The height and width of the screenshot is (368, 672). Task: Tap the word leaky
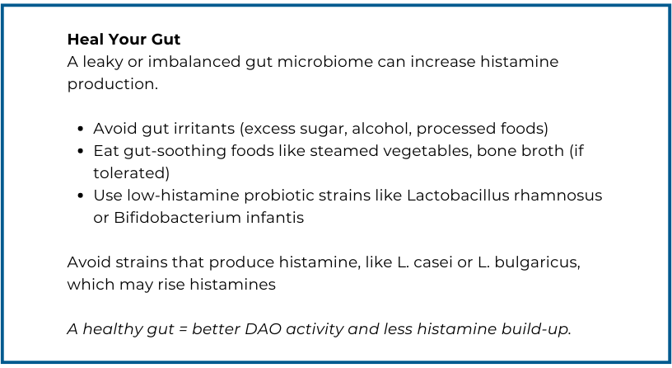(103, 62)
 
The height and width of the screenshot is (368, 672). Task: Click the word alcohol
(381, 129)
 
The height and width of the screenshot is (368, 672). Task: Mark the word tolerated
(129, 173)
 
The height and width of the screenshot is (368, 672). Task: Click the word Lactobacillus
(458, 196)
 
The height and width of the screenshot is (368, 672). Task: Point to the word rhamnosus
(558, 196)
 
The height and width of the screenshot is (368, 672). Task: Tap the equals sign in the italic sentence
(183, 330)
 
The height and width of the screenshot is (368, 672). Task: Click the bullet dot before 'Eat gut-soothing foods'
(81, 151)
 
